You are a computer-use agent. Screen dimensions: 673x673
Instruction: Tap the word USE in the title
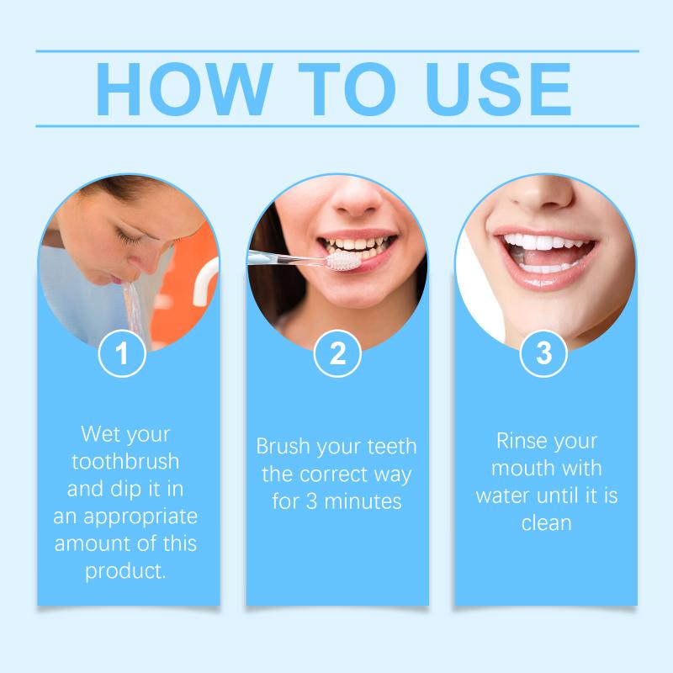[x=498, y=89]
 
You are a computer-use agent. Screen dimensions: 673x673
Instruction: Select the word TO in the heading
[x=347, y=89]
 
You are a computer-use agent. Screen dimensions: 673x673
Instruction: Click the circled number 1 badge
[x=122, y=353]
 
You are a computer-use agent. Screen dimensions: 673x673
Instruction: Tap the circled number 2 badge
[x=337, y=353]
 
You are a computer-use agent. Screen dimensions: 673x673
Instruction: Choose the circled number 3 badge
[x=543, y=353]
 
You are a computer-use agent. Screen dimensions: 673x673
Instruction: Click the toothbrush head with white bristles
[x=342, y=261]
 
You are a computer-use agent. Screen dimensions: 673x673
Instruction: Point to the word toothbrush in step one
[x=125, y=461]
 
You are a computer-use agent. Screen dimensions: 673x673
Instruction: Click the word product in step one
[x=125, y=572]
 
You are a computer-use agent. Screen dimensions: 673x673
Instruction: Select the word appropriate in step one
[x=140, y=517]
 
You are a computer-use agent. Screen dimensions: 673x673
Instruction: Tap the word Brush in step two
[x=284, y=446]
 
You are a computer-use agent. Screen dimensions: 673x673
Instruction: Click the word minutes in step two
[x=363, y=501]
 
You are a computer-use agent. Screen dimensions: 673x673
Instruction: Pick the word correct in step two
[x=333, y=474]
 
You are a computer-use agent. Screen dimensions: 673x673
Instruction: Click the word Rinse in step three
[x=517, y=441]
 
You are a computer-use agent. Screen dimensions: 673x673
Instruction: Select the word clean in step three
[x=546, y=523]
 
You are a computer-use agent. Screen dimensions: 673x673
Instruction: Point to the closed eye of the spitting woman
[x=128, y=236]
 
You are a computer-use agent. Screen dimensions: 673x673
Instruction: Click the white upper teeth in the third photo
[x=543, y=242]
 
